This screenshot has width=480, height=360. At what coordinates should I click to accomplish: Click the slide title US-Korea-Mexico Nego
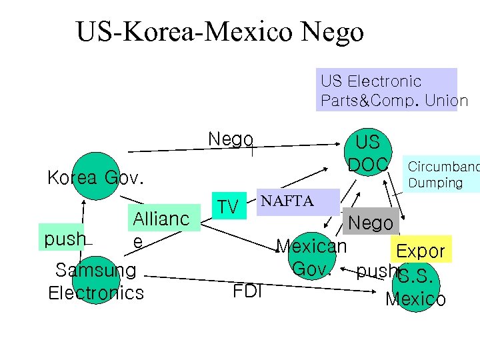(220, 31)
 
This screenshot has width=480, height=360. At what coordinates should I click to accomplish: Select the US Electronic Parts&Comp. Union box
(387, 90)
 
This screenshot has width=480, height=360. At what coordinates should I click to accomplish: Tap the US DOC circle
(367, 153)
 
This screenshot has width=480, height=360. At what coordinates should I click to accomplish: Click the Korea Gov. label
(95, 178)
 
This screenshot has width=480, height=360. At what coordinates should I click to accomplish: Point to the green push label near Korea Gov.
(65, 239)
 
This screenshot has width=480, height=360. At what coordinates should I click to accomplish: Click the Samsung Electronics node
(96, 281)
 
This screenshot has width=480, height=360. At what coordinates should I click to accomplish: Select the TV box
(228, 207)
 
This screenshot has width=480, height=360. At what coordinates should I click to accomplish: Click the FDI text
(247, 291)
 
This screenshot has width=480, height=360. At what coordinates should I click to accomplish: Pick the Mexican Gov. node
(311, 257)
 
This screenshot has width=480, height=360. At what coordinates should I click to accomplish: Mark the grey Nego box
(371, 223)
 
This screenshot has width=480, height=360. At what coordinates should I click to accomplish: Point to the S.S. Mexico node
(416, 285)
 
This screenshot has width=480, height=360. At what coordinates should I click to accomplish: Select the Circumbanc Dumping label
(443, 175)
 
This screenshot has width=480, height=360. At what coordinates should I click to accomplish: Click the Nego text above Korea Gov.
(230, 139)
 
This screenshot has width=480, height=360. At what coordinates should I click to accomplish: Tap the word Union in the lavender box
(447, 101)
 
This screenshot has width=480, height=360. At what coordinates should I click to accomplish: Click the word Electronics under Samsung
(96, 293)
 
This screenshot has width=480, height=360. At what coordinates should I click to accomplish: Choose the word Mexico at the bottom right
(416, 299)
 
